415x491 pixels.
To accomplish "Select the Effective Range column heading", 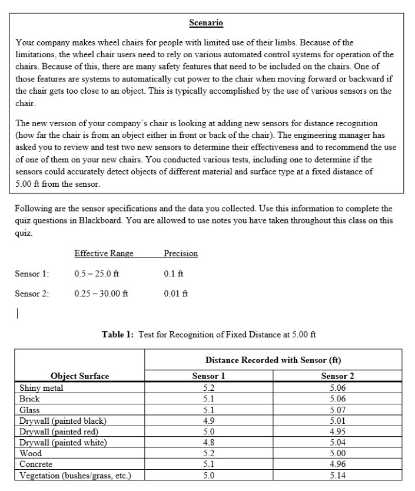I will (x=104, y=253).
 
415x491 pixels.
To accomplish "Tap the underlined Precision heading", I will (x=180, y=253).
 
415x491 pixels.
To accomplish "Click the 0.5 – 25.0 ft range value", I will (x=98, y=273).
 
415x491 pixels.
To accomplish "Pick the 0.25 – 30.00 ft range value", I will (x=102, y=293).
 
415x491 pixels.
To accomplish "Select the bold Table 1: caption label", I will (x=119, y=334).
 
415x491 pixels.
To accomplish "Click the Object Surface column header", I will (x=79, y=376).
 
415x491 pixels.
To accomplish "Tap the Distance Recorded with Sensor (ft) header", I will (x=273, y=360).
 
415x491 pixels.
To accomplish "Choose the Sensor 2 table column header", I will (x=337, y=376).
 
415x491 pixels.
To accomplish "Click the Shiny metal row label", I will (x=41, y=388).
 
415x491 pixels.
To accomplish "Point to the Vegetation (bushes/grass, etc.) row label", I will (x=75, y=475).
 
